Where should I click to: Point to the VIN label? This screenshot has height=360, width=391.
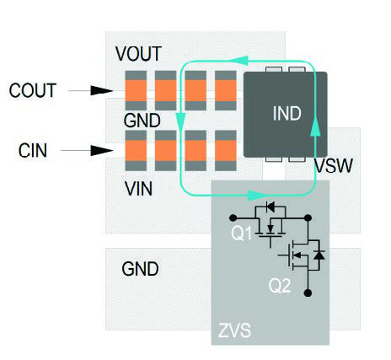(x=138, y=188)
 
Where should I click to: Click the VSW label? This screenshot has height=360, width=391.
(x=332, y=165)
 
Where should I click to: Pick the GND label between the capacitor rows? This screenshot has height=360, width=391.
(x=142, y=121)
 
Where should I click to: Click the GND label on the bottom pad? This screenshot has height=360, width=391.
(x=140, y=270)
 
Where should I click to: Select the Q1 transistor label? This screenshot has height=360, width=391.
(x=242, y=235)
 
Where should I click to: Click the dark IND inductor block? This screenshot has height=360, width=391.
(x=286, y=112)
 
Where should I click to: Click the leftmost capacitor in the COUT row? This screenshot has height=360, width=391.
(x=135, y=90)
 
